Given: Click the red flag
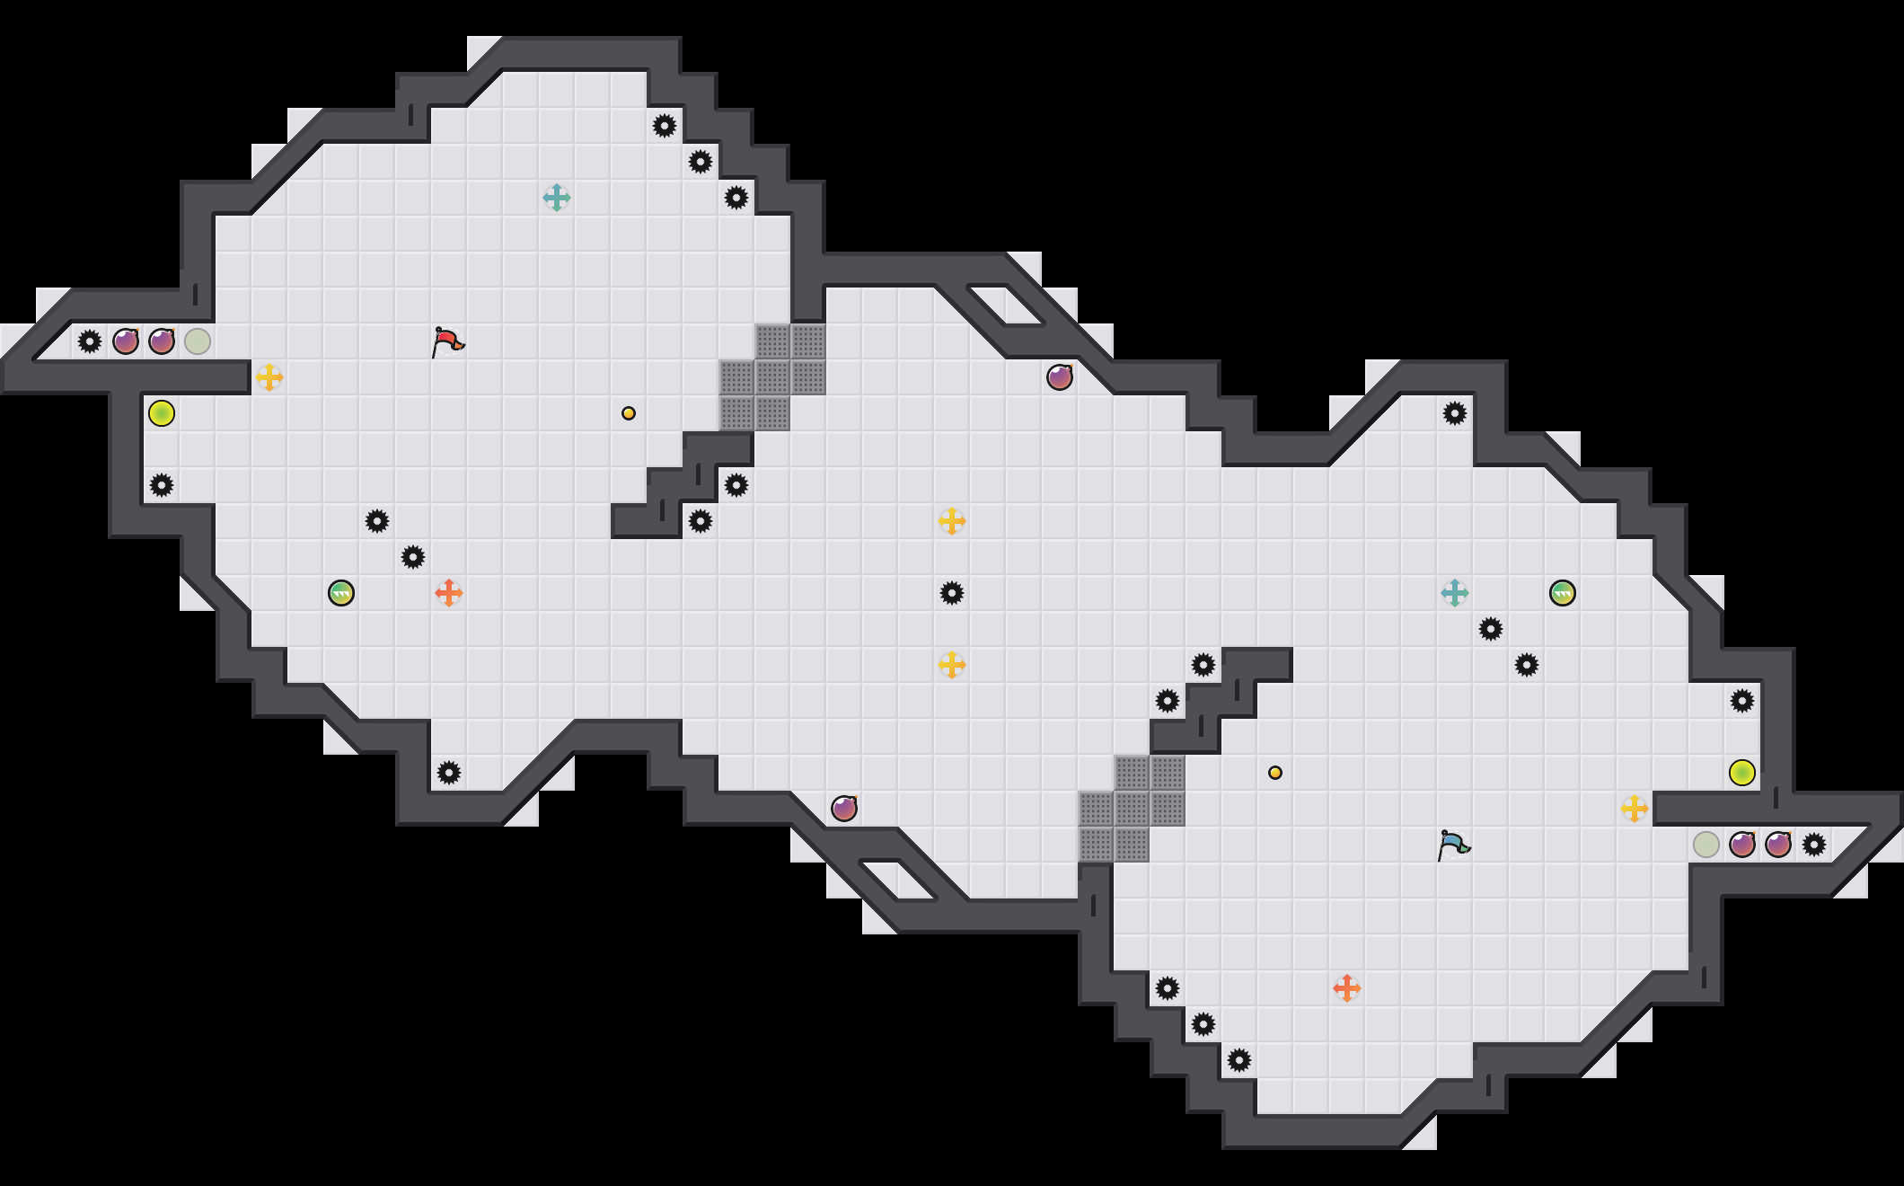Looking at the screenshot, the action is point(447,341).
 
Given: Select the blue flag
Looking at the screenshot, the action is point(1453,845).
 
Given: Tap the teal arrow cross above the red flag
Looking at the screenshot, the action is point(557,198).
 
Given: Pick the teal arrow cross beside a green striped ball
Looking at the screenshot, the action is point(1455,593).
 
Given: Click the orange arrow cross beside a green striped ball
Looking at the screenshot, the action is point(449,593).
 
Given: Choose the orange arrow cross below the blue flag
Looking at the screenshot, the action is point(1347,988).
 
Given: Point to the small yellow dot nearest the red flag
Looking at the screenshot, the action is point(629,413).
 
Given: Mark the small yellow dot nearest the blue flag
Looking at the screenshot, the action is point(1275,773).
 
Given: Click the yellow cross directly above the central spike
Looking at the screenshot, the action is point(952,521).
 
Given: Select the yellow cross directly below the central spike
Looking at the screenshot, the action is point(952,665).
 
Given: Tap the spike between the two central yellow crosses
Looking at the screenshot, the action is point(952,593).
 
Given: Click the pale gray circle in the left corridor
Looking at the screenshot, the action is point(198,341).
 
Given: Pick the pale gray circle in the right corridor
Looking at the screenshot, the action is point(1706,845).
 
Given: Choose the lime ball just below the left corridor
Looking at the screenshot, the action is point(162,413).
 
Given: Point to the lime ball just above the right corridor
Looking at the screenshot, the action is point(1742,773).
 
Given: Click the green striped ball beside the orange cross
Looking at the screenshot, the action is point(341,593).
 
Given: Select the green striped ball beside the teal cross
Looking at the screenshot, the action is point(1563,593).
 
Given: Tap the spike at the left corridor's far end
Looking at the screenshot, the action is point(90,341).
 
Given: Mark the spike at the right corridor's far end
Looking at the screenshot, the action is point(1814,845).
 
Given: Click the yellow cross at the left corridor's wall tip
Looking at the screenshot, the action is point(269,377).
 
